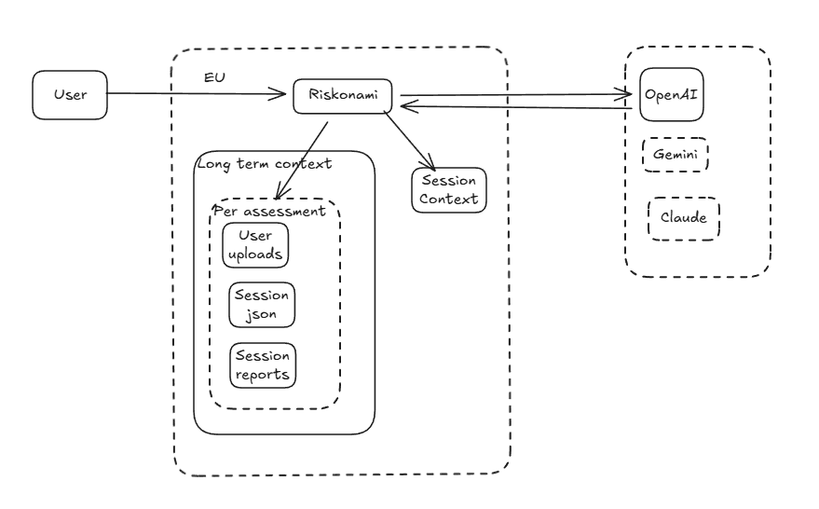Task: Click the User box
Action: (x=69, y=94)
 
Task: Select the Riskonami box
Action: (x=342, y=96)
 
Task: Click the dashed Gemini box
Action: (x=676, y=155)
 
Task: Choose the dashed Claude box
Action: (x=683, y=218)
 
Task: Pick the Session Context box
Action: (x=448, y=190)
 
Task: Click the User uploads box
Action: (x=256, y=244)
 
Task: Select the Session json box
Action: (x=262, y=304)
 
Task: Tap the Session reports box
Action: (x=262, y=365)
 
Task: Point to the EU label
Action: (x=214, y=75)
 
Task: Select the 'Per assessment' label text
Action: (x=270, y=211)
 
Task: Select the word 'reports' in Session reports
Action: (x=262, y=375)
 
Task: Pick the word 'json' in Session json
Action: (x=263, y=314)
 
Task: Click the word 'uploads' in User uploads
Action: (x=256, y=254)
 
